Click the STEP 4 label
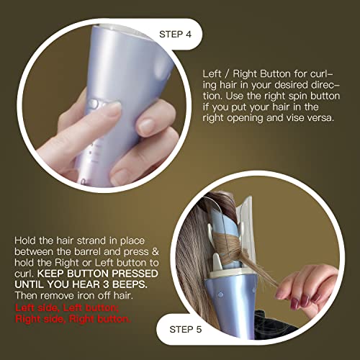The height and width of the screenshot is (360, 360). click(175, 35)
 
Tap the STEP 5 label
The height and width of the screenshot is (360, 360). click(186, 329)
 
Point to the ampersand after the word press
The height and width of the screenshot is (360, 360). click(156, 251)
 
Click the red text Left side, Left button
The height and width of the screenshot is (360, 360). click(67, 307)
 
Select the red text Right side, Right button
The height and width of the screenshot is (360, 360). click(73, 319)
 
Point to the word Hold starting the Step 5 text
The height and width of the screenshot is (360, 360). click(26, 240)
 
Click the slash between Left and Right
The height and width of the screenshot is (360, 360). click(226, 74)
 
